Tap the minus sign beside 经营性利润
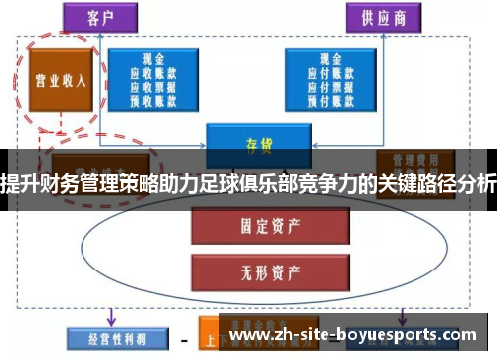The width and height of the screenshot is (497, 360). point(184,338)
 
